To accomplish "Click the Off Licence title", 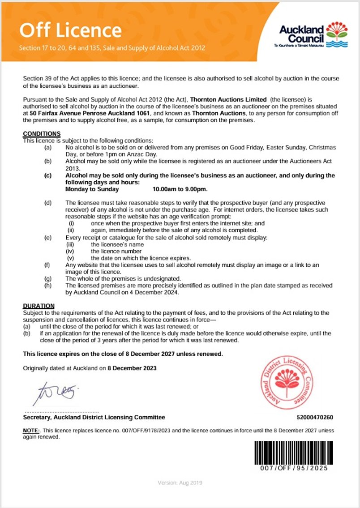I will (x=70, y=30).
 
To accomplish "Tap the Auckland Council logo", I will (x=313, y=35).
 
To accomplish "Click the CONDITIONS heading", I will (x=42, y=134).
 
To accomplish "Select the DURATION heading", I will (x=39, y=306).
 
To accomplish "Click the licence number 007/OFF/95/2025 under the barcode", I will (x=295, y=468).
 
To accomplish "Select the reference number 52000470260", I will (x=315, y=418).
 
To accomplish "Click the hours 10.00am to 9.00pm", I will (x=180, y=189).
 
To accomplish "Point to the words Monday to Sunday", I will (x=86, y=189).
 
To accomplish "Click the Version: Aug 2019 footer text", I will (x=180, y=483).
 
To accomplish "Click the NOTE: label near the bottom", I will (x=31, y=431).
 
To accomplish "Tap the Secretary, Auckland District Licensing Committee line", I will (x=94, y=418).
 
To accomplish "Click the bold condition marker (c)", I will (x=48, y=175).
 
